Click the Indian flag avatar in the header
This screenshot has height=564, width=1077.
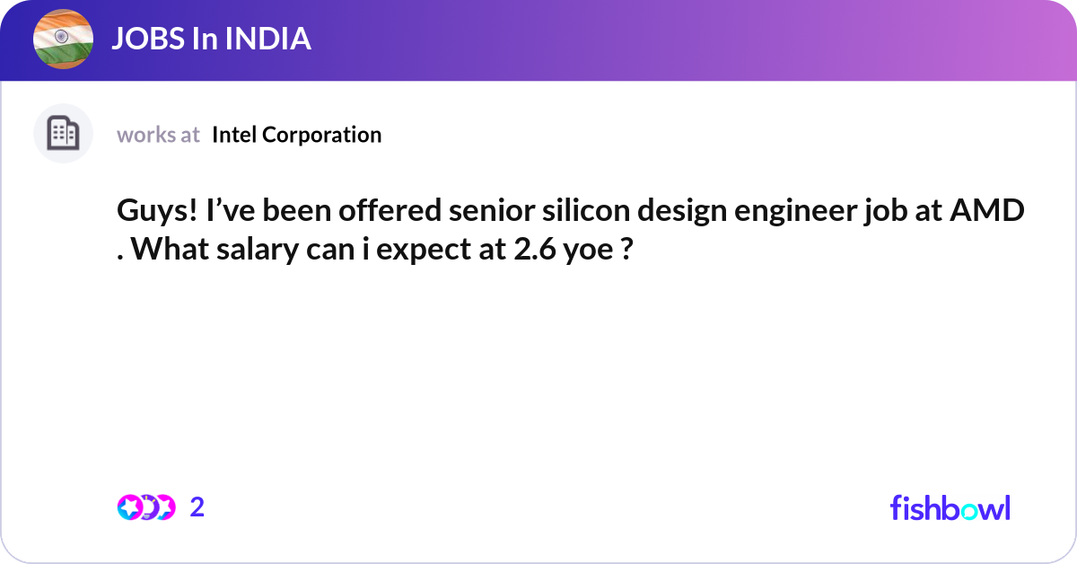tap(63, 39)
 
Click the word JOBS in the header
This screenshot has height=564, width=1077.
tap(148, 39)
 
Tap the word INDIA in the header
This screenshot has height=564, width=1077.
tap(267, 39)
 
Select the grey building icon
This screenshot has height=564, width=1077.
tap(63, 133)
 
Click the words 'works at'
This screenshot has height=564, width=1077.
tap(158, 135)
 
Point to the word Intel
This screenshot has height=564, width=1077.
tap(234, 134)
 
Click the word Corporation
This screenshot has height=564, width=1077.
tap(321, 135)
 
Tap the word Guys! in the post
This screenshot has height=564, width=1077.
tap(157, 211)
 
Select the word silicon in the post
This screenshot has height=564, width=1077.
tap(586, 210)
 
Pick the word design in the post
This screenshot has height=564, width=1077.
tap(682, 211)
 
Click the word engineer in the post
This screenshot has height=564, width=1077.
tap(795, 211)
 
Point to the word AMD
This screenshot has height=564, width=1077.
tap(987, 210)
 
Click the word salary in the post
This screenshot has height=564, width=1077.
tap(258, 250)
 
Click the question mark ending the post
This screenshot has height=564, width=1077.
tap(627, 249)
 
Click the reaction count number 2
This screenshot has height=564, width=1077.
tap(197, 507)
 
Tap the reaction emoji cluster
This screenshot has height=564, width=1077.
tap(146, 507)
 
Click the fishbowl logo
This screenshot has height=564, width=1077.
tap(950, 507)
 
